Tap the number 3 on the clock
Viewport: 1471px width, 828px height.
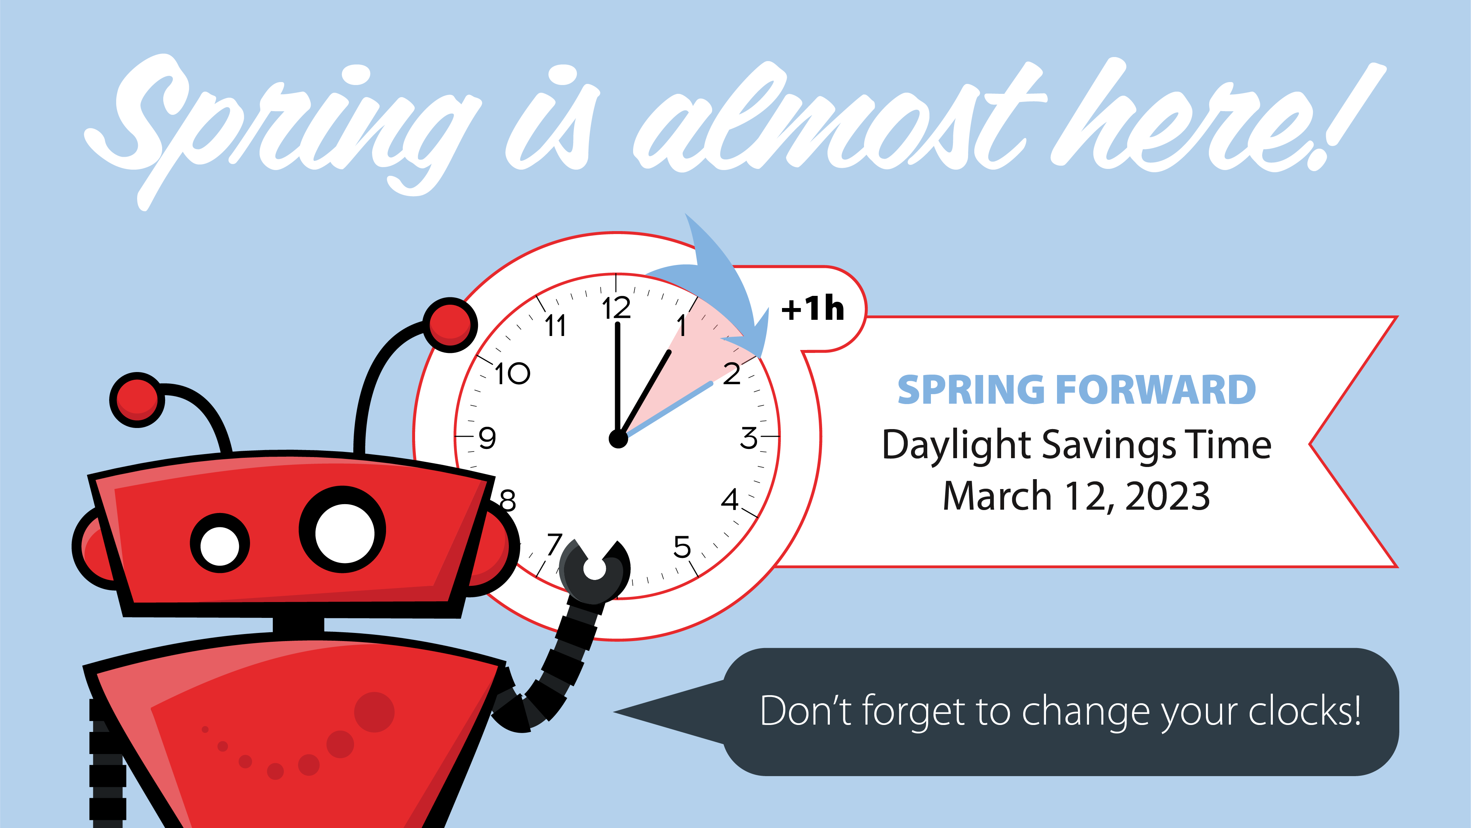pos(749,438)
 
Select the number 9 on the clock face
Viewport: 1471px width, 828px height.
pos(487,438)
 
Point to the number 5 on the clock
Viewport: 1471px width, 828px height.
pos(682,547)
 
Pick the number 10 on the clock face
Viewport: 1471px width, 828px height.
pos(512,374)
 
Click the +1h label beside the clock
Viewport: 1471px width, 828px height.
pos(813,309)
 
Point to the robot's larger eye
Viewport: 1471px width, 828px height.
pos(343,530)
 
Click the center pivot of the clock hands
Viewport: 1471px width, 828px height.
pos(618,439)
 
